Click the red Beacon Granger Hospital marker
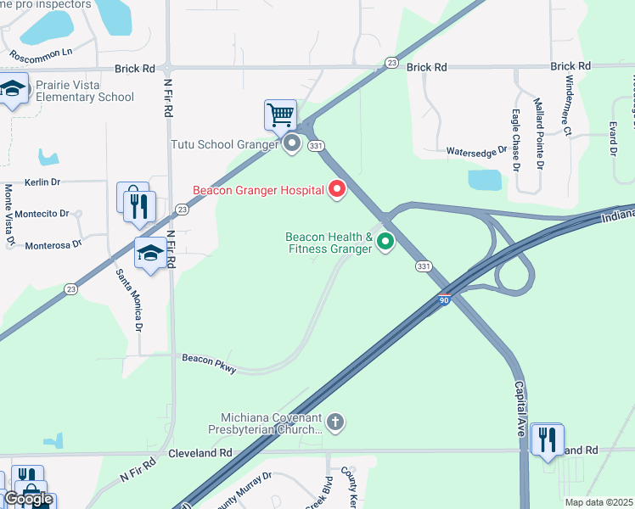[x=337, y=189]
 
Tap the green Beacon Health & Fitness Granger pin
[x=385, y=243]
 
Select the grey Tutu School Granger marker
[x=292, y=143]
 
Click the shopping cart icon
[x=280, y=114]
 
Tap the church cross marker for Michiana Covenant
[x=336, y=422]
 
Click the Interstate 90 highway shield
[x=445, y=299]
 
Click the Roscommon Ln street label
[x=41, y=54]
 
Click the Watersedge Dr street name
[x=476, y=151]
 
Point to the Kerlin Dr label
[x=43, y=182]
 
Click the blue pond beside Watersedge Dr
[x=485, y=179]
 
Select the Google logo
[x=28, y=499]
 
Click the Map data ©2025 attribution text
[x=599, y=502]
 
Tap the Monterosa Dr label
[x=53, y=243]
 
